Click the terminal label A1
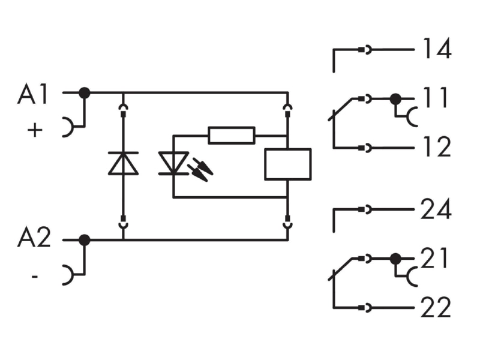(x=33, y=94)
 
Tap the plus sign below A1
(x=35, y=130)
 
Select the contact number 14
(x=437, y=49)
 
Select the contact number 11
(x=435, y=97)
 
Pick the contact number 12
(x=437, y=146)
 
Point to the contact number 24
(x=436, y=209)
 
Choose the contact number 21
(x=434, y=258)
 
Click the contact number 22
(x=436, y=307)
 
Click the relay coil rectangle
(x=288, y=164)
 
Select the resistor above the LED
(x=232, y=135)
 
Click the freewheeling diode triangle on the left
(x=123, y=163)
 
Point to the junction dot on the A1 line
(x=85, y=92)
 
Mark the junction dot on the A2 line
(x=85, y=240)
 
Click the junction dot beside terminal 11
(x=395, y=99)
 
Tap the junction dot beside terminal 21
(x=395, y=259)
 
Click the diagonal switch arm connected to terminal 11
(x=340, y=109)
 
